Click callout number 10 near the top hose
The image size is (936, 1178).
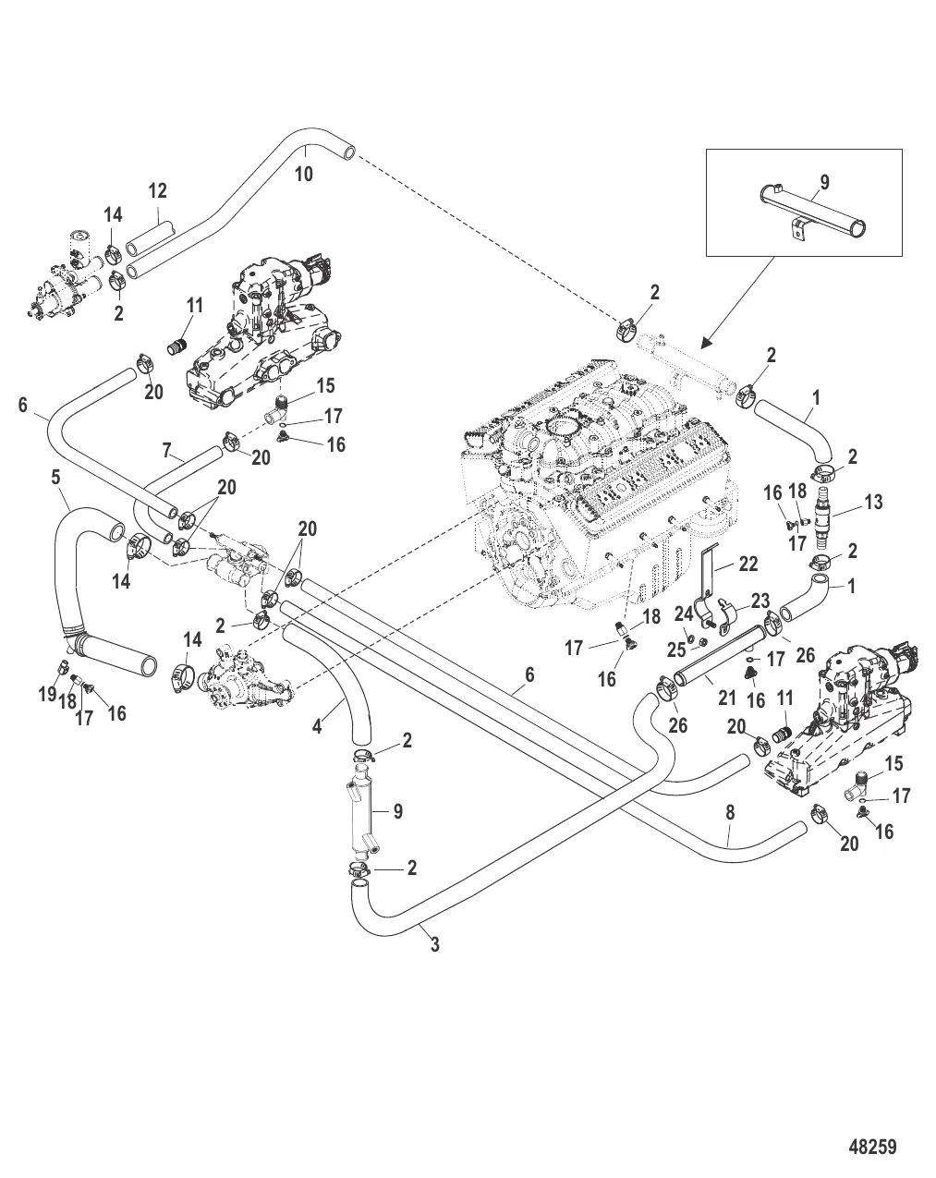[303, 173]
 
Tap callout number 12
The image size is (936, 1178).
[157, 190]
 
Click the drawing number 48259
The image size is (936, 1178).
[872, 1147]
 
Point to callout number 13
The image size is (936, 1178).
[873, 502]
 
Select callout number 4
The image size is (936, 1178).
[317, 726]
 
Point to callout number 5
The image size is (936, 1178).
[56, 479]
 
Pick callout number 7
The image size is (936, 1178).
[166, 451]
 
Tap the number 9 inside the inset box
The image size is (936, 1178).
[823, 182]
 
